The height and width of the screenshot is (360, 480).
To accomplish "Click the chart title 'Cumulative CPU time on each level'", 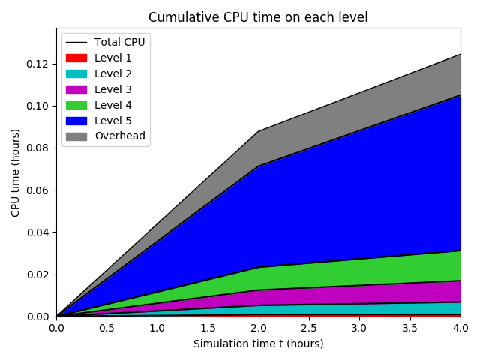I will click(258, 17).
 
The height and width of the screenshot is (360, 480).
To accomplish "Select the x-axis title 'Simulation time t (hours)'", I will click(258, 343).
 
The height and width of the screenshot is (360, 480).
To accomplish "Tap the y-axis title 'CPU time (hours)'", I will click(16, 172).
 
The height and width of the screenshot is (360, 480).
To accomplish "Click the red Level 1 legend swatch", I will click(76, 58).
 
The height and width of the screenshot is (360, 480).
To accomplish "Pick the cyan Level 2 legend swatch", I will click(76, 73).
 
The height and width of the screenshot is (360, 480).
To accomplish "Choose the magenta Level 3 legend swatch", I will click(76, 89).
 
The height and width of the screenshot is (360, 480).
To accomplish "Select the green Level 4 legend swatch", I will click(76, 105).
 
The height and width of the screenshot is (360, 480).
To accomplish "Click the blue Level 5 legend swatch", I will click(76, 121).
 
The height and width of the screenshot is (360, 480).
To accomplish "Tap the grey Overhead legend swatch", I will click(76, 136).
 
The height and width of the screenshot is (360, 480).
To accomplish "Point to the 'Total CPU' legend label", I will click(119, 42).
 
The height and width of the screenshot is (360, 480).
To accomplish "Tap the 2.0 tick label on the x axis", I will click(258, 328).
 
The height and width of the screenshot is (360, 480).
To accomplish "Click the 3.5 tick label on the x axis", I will click(409, 328).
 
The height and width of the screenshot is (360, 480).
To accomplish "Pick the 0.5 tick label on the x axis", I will click(106, 328).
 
